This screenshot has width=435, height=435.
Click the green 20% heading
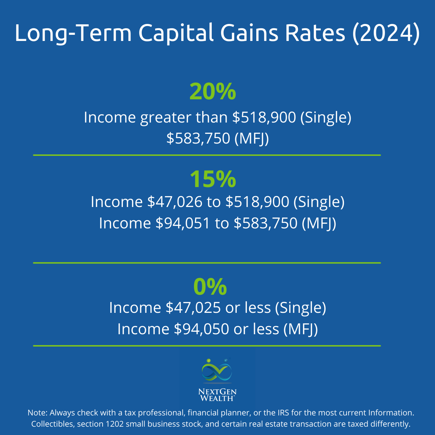212,92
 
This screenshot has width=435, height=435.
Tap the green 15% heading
212,179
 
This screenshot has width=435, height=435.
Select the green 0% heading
210,286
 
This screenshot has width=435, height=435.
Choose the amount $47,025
193,308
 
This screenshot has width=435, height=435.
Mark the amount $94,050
201,329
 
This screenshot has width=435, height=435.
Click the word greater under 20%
165,118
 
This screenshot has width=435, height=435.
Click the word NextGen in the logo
217,392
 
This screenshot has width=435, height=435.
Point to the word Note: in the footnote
37,413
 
